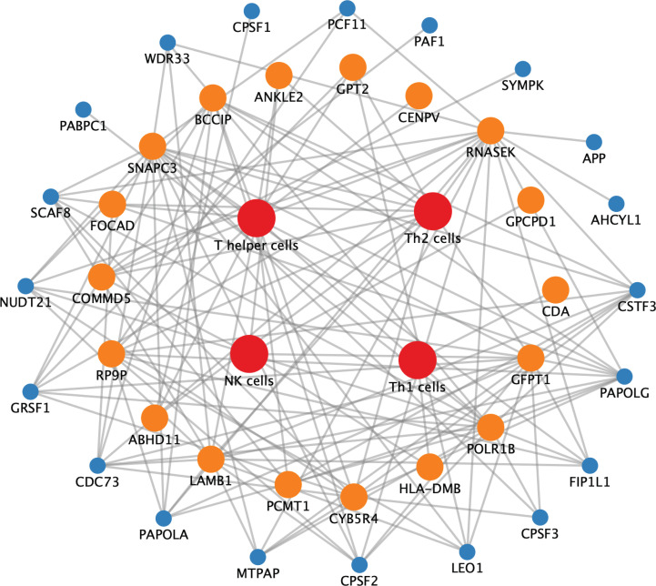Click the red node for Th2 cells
[433, 211]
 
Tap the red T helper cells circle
[257, 218]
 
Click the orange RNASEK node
[490, 131]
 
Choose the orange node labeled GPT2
[353, 67]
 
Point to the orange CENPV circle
[419, 96]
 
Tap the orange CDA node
[555, 290]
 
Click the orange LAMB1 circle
[210, 460]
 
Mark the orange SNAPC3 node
[153, 146]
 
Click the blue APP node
[594, 142]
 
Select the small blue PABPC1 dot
[83, 109]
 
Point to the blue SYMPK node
[522, 69]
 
